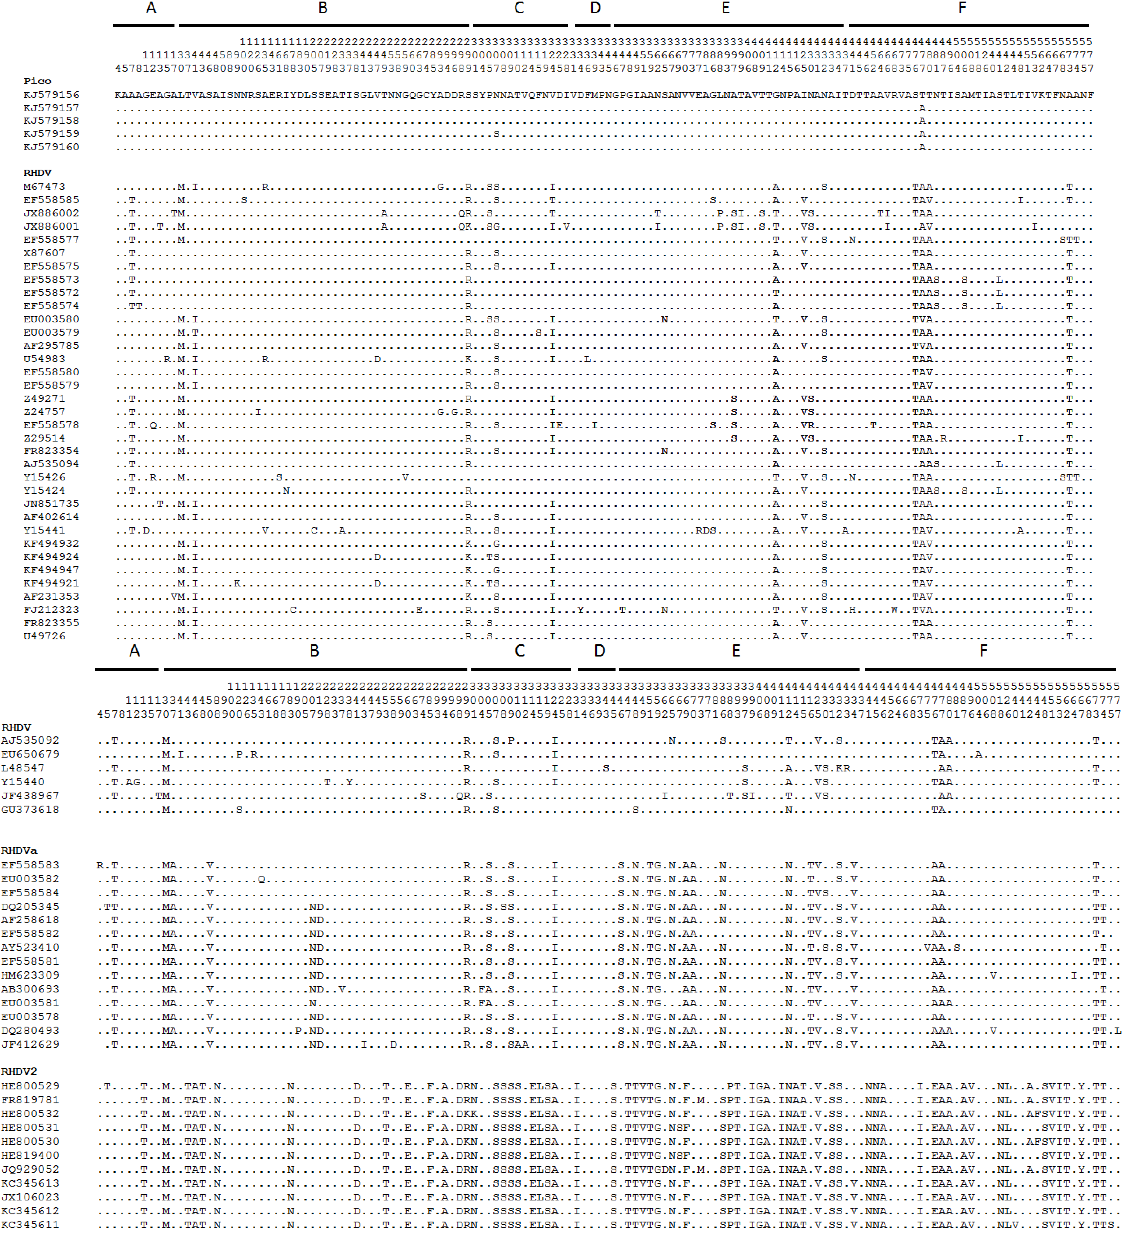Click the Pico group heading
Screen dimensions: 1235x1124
37,81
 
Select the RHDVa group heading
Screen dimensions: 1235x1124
19,850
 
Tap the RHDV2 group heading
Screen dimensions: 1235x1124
19,1071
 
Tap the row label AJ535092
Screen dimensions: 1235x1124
30,741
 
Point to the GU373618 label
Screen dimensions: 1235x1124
30,810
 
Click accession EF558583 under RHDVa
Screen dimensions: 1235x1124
30,865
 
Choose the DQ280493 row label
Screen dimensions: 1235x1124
30,1031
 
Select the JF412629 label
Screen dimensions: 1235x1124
30,1045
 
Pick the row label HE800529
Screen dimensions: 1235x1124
30,1086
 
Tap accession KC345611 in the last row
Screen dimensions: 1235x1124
30,1225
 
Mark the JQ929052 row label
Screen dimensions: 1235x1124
30,1170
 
